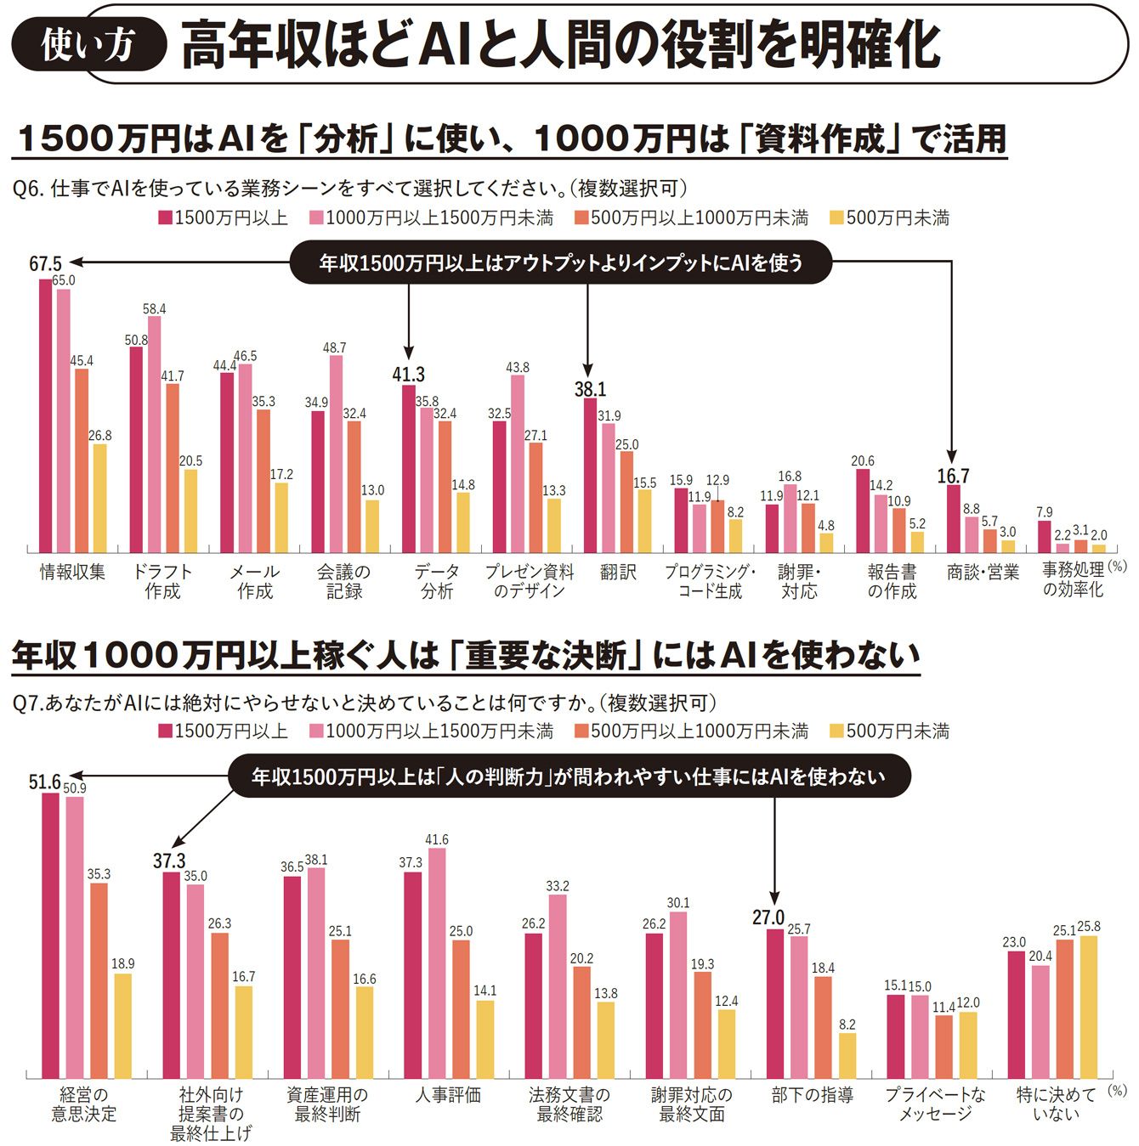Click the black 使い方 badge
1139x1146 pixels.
tap(88, 44)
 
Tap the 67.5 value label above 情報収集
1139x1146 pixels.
tap(45, 264)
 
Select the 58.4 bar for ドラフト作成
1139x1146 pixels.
tap(154, 435)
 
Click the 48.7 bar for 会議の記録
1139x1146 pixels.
tap(336, 454)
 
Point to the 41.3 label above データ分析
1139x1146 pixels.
tap(408, 375)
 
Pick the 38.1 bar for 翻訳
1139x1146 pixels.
tap(590, 476)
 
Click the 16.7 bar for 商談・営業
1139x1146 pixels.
tap(954, 519)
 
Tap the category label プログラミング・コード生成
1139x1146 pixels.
tap(710, 582)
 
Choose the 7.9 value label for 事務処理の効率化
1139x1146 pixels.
tap(1044, 512)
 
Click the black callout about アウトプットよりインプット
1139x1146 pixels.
tap(560, 263)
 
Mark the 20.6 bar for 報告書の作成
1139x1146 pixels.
tap(862, 511)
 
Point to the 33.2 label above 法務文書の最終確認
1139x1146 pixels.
tap(558, 886)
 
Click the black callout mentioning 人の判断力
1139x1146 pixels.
tap(569, 776)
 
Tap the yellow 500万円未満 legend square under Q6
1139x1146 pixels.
tap(836, 218)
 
